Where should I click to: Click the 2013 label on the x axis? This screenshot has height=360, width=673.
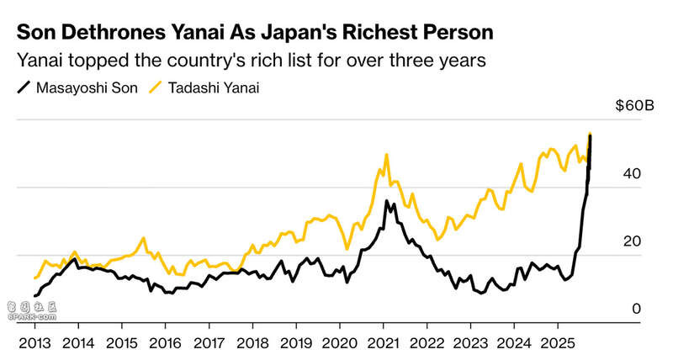tap(34, 343)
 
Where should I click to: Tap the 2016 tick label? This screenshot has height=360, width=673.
tap(165, 343)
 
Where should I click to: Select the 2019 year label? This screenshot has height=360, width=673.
tap(295, 343)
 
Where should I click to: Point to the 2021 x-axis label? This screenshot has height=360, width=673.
tap(383, 343)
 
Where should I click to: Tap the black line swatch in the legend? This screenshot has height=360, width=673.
tap(23, 87)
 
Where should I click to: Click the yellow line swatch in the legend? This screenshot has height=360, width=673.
tap(155, 87)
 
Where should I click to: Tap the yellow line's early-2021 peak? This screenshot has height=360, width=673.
tap(386, 155)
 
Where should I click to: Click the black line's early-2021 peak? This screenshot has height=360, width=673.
tap(386, 201)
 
